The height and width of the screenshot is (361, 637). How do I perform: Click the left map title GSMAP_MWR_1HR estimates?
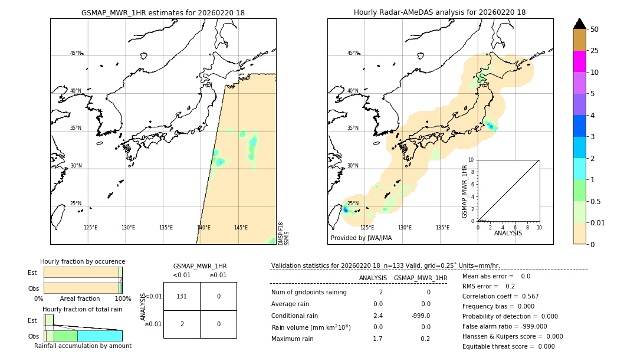(x=163, y=12)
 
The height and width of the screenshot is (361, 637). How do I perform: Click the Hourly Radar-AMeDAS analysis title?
(x=439, y=12)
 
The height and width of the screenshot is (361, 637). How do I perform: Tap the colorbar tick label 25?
(x=595, y=51)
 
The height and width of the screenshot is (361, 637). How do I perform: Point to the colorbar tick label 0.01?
(x=597, y=222)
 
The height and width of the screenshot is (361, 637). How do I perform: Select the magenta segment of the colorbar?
(x=579, y=61)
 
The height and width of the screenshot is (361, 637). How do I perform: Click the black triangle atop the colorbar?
(x=579, y=24)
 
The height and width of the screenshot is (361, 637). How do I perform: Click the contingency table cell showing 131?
(x=182, y=296)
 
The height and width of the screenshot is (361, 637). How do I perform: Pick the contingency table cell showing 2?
(x=182, y=324)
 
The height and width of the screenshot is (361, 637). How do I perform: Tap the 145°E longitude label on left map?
(x=241, y=228)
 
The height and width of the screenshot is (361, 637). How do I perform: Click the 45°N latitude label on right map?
(x=353, y=53)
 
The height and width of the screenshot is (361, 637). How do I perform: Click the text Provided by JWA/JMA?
(x=361, y=238)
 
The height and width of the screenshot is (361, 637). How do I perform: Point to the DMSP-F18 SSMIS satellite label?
(x=283, y=234)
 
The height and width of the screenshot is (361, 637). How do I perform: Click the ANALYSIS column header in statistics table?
(x=373, y=278)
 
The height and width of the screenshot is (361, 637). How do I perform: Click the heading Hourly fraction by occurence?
(x=83, y=261)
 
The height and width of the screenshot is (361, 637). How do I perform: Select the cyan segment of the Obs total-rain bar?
(x=100, y=336)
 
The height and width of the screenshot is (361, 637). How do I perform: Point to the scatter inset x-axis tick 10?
(x=539, y=227)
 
